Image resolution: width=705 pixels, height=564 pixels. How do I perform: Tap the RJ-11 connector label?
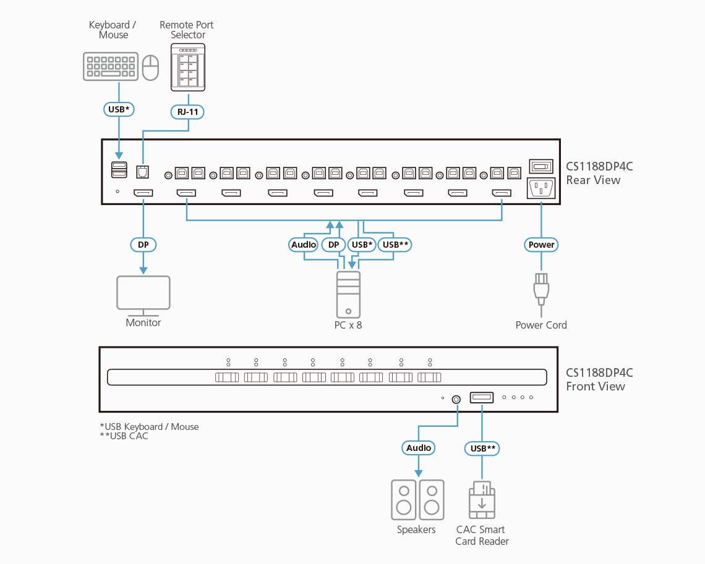pyautogui.click(x=187, y=112)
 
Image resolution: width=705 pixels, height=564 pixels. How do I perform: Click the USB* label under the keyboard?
pyautogui.click(x=119, y=110)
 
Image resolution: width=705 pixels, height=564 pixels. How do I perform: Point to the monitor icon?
pyautogui.click(x=143, y=294)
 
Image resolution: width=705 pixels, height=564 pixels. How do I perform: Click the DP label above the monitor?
pyautogui.click(x=143, y=245)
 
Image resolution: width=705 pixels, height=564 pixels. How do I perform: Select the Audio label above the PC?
pyautogui.click(x=304, y=245)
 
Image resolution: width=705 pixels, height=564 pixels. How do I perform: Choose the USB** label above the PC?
pyautogui.click(x=395, y=245)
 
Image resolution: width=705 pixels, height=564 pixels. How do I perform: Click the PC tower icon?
pyautogui.click(x=348, y=294)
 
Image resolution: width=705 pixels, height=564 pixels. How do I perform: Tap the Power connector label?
pyautogui.click(x=542, y=245)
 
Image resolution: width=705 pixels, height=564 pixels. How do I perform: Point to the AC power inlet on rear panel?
pyautogui.click(x=541, y=188)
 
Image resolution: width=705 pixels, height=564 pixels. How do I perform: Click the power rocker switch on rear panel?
pyautogui.click(x=541, y=166)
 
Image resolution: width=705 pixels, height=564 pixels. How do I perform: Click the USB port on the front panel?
pyautogui.click(x=482, y=398)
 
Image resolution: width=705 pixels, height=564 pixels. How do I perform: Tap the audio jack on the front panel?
pyautogui.click(x=456, y=399)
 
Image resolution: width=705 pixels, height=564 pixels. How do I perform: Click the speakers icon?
pyautogui.click(x=417, y=500)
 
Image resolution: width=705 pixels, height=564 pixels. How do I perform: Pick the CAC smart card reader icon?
pyautogui.click(x=482, y=500)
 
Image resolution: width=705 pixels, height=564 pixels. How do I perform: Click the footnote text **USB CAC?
pyautogui.click(x=124, y=436)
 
